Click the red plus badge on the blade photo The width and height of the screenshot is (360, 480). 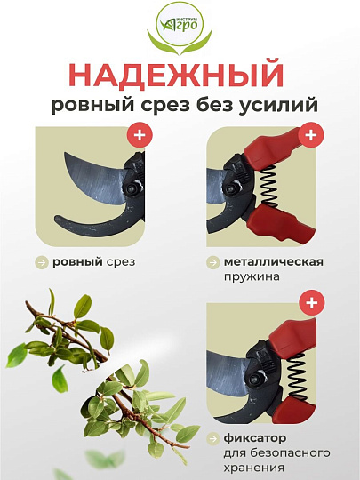(139, 136)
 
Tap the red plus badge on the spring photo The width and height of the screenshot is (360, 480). (309, 136)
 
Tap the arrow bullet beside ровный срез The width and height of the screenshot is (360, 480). (42, 263)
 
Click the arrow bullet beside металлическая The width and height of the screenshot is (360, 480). (213, 263)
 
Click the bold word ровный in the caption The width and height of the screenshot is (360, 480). (76, 263)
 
